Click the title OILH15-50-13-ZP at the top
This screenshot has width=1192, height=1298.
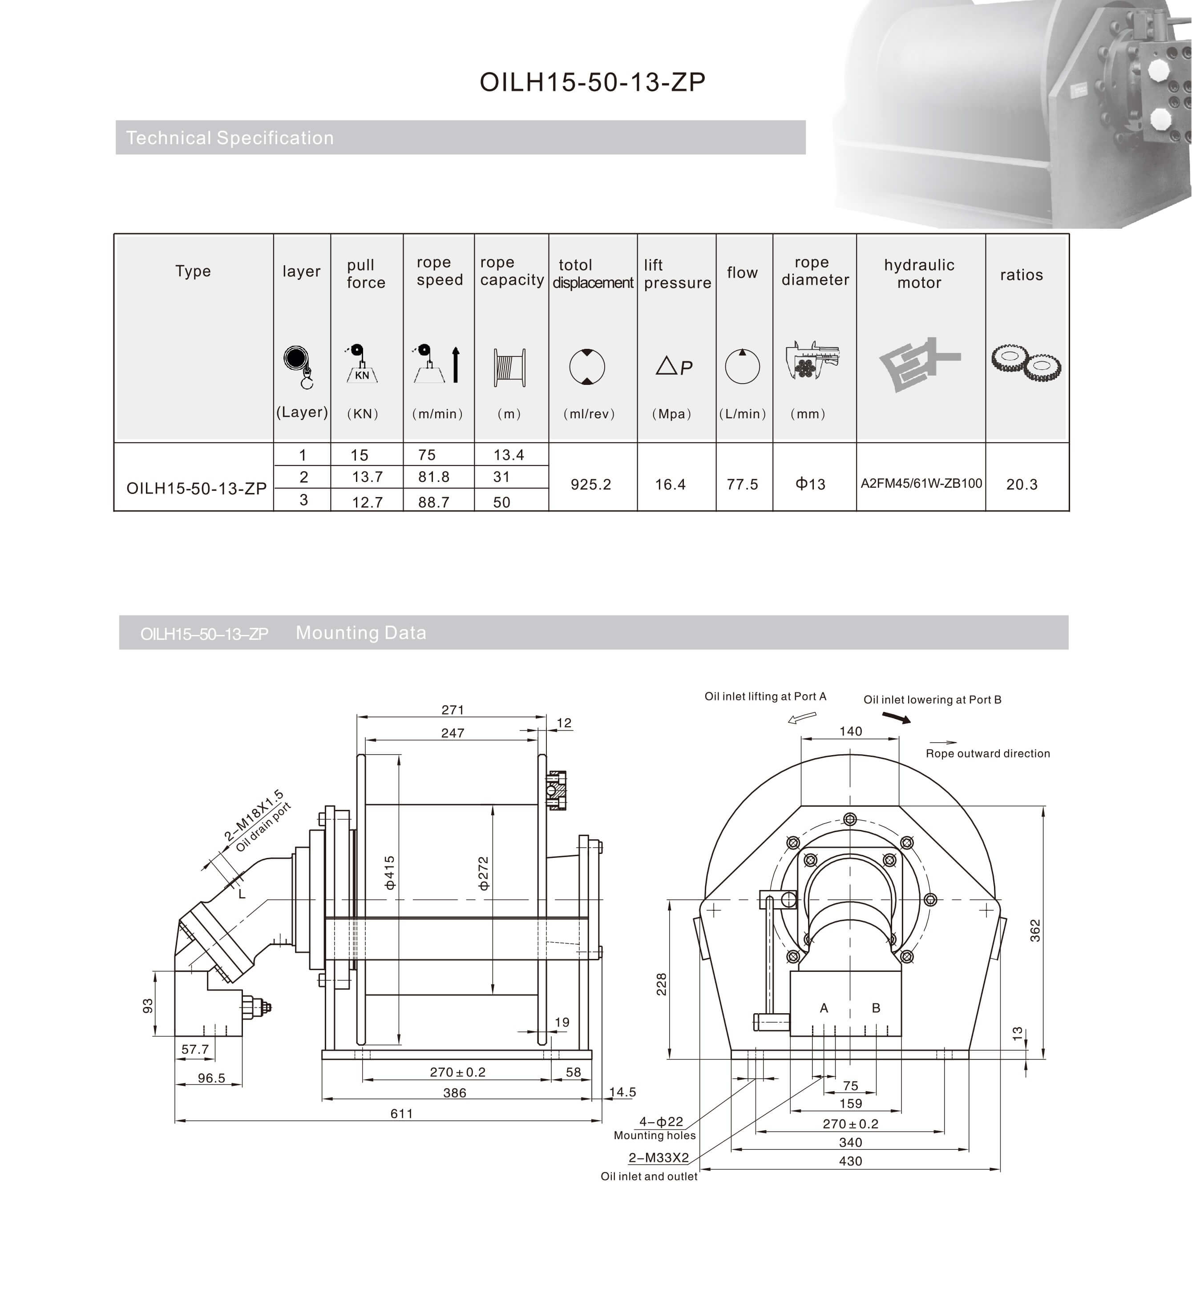tap(592, 82)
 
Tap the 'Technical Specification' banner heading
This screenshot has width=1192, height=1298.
tap(230, 137)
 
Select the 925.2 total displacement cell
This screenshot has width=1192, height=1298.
tap(590, 485)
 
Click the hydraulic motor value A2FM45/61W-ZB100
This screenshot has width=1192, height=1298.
tap(921, 483)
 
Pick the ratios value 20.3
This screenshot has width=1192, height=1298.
tap(1021, 485)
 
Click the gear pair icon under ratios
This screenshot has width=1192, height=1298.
tap(1026, 366)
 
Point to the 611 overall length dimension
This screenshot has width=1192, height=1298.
tap(401, 1113)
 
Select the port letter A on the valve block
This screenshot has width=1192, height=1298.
tap(824, 1008)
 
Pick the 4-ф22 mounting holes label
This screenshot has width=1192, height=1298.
tap(660, 1122)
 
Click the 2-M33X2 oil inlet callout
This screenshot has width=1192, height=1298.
tap(659, 1157)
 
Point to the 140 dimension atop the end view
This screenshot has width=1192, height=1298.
tap(850, 731)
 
